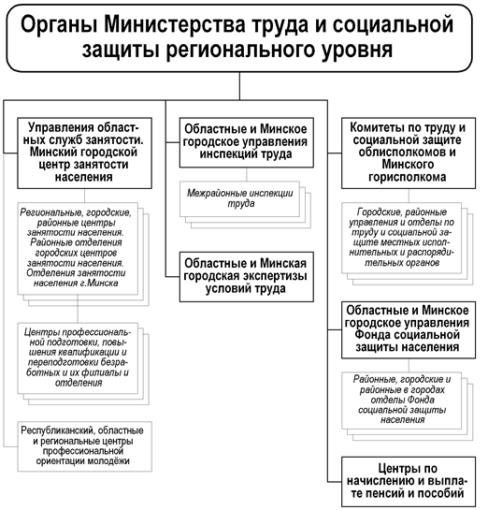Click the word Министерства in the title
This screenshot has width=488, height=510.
(x=175, y=24)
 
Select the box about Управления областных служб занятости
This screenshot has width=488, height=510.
(x=84, y=153)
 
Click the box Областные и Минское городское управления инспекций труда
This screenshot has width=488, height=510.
(x=247, y=142)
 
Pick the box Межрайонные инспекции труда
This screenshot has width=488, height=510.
(x=239, y=198)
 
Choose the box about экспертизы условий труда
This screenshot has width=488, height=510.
(x=247, y=277)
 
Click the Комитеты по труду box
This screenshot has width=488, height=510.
(x=409, y=153)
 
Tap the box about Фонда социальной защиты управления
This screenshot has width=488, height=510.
(x=409, y=329)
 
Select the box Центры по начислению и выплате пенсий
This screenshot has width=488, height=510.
(x=409, y=481)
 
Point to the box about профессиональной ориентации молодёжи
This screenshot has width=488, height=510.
(x=84, y=446)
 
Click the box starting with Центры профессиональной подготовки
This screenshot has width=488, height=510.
(x=78, y=358)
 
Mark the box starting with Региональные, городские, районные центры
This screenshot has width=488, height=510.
(x=78, y=249)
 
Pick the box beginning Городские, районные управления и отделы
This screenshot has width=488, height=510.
(x=402, y=238)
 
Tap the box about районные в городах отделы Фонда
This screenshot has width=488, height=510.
(x=402, y=401)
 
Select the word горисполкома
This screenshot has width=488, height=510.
(x=407, y=177)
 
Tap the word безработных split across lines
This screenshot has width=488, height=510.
(x=77, y=368)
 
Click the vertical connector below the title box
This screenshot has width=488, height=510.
(x=239, y=86)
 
